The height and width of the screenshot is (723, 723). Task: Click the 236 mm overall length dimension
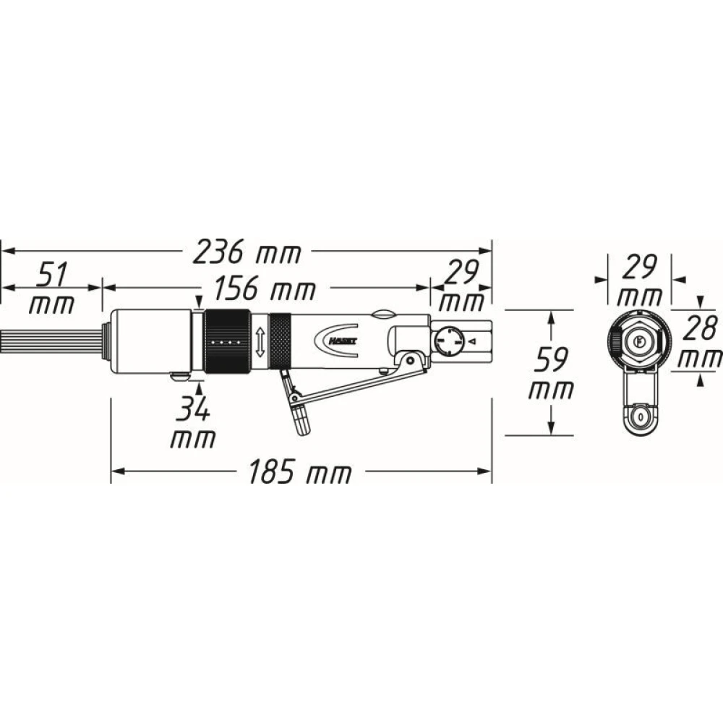pyautogui.click(x=247, y=252)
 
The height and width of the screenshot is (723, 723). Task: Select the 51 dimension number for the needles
pyautogui.click(x=51, y=274)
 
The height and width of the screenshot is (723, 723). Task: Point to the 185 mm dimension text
pyautogui.click(x=300, y=471)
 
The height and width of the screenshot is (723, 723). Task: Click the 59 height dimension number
pyautogui.click(x=551, y=359)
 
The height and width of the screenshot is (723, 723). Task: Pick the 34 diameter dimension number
pyautogui.click(x=193, y=408)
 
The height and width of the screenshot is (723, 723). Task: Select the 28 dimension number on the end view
pyautogui.click(x=700, y=328)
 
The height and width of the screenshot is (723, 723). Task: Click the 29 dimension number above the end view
pyautogui.click(x=638, y=268)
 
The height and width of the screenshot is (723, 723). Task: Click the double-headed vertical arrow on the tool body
pyautogui.click(x=260, y=342)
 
